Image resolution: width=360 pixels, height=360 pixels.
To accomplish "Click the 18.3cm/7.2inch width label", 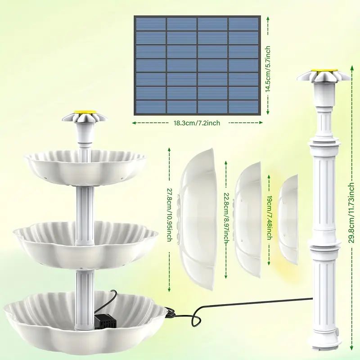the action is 197,123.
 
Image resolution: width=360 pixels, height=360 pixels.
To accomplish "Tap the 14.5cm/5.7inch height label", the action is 268,69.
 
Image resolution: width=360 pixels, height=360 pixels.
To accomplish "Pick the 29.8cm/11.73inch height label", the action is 351,212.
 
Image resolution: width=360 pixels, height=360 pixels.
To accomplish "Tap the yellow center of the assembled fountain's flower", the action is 85,112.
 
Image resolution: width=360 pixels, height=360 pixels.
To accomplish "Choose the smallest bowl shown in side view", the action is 288,220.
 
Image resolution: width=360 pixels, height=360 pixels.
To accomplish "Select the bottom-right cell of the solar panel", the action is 243,107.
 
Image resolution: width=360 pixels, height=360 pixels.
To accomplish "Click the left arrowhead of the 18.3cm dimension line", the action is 134,123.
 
